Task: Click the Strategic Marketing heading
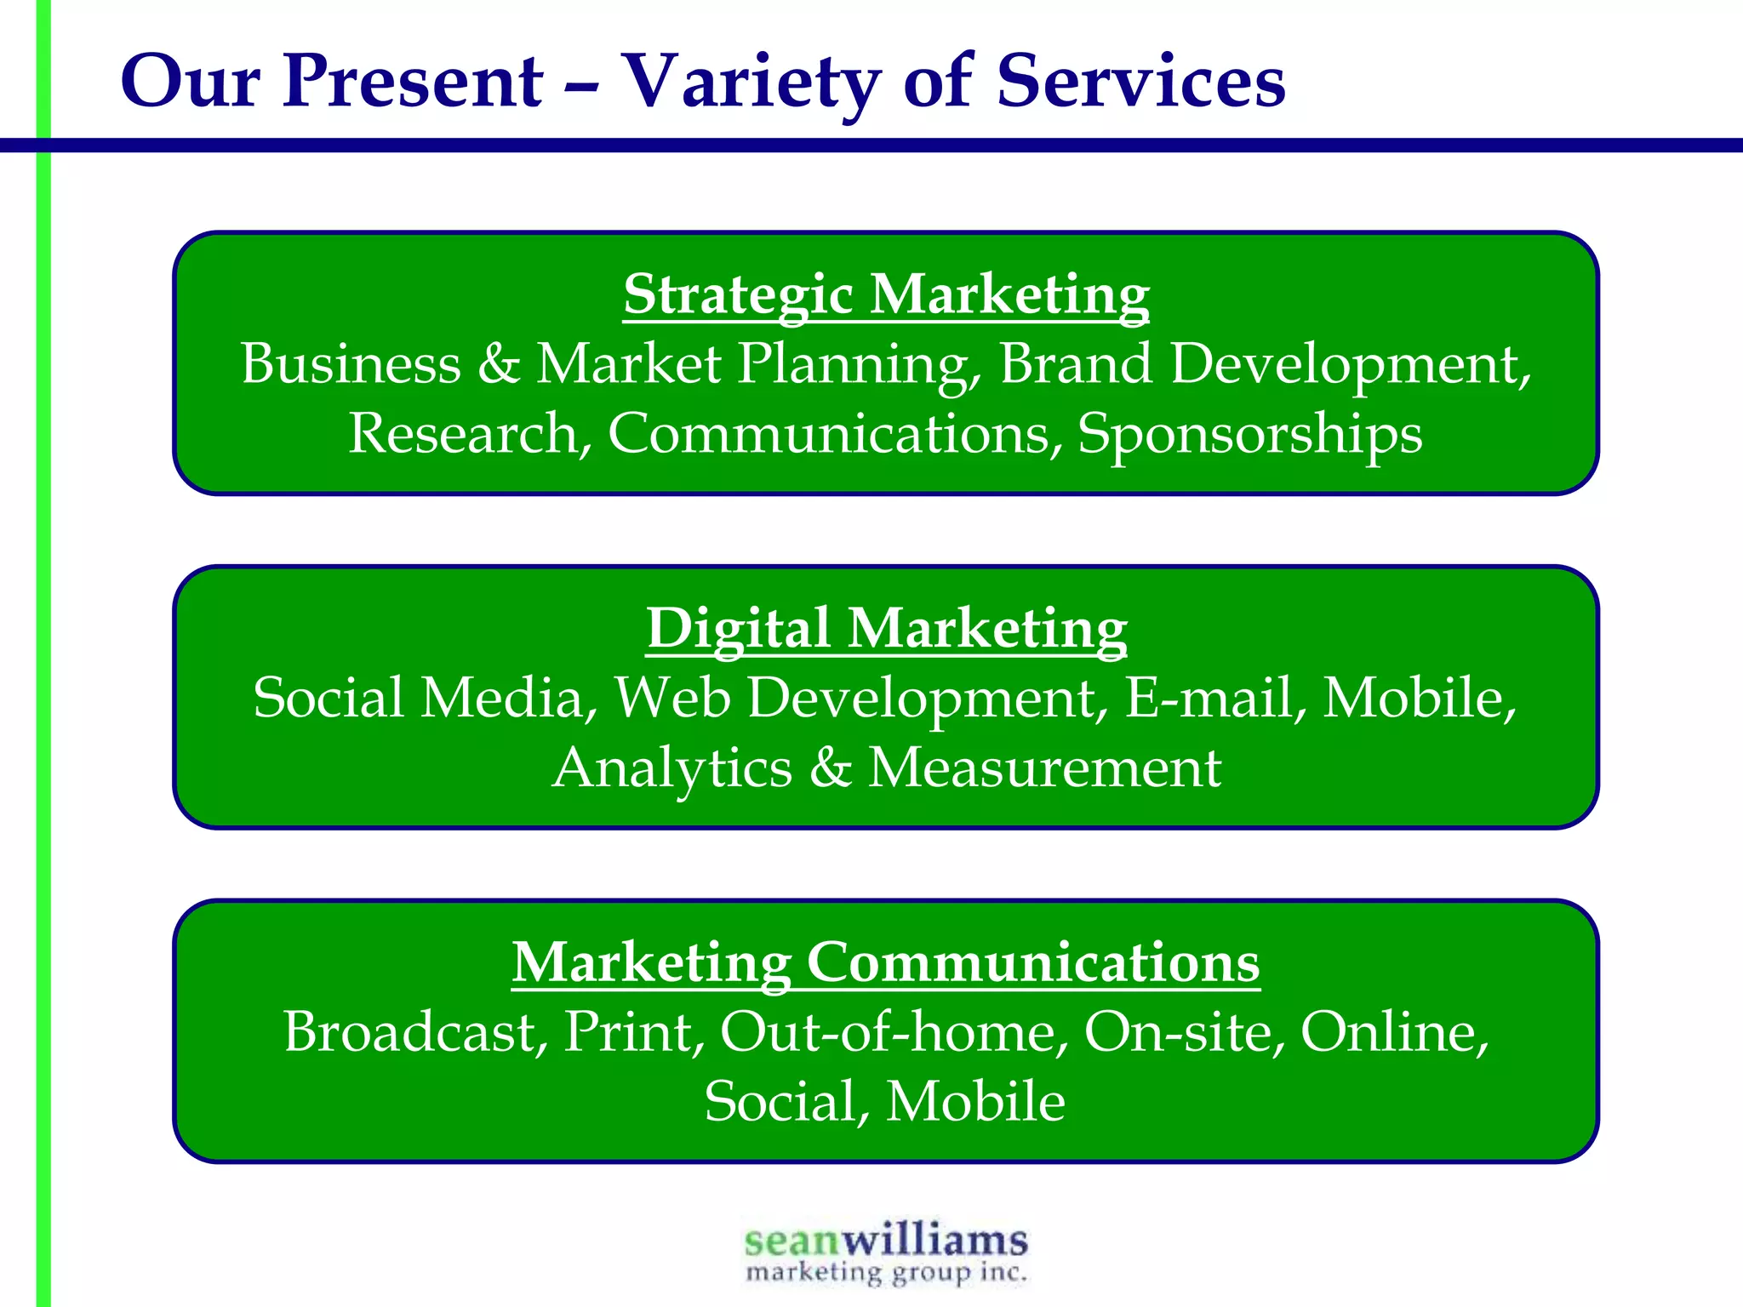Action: pyautogui.click(x=886, y=294)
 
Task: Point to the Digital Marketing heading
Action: pyautogui.click(x=886, y=629)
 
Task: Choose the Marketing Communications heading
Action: pyautogui.click(x=885, y=962)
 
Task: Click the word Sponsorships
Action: pyautogui.click(x=1249, y=434)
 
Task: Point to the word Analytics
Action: pyautogui.click(x=671, y=768)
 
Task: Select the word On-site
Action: pyautogui.click(x=1183, y=1032)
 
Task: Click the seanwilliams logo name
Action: pyautogui.click(x=885, y=1240)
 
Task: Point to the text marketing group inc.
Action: pyautogui.click(x=885, y=1273)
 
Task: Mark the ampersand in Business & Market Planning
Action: pyautogui.click(x=498, y=364)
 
